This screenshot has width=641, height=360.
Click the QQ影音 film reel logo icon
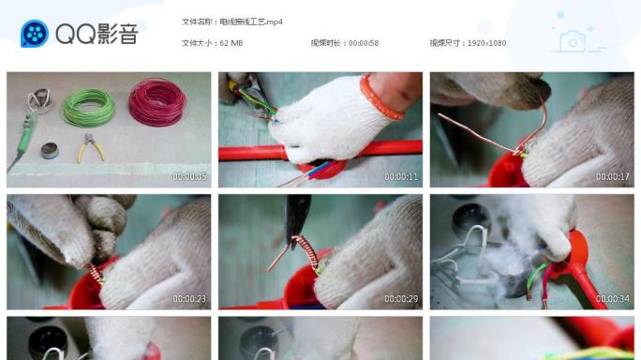click(35, 35)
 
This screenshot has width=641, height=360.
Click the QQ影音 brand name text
click(97, 35)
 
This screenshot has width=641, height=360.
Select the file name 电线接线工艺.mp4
click(250, 21)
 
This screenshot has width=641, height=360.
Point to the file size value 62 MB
click(231, 43)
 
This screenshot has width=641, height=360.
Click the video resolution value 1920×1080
click(484, 43)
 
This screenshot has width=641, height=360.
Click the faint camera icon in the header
click(572, 40)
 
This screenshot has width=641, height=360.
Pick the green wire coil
click(88, 108)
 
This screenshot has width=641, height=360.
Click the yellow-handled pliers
click(91, 147)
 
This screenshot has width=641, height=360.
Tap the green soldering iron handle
click(24, 141)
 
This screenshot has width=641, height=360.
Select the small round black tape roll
click(51, 150)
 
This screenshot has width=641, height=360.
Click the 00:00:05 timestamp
click(189, 176)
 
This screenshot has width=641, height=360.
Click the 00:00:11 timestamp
click(401, 176)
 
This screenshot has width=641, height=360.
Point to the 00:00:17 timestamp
click(613, 176)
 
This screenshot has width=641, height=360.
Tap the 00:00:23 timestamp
click(189, 298)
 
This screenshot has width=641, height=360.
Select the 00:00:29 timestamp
click(401, 298)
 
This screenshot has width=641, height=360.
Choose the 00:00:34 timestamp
click(613, 298)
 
